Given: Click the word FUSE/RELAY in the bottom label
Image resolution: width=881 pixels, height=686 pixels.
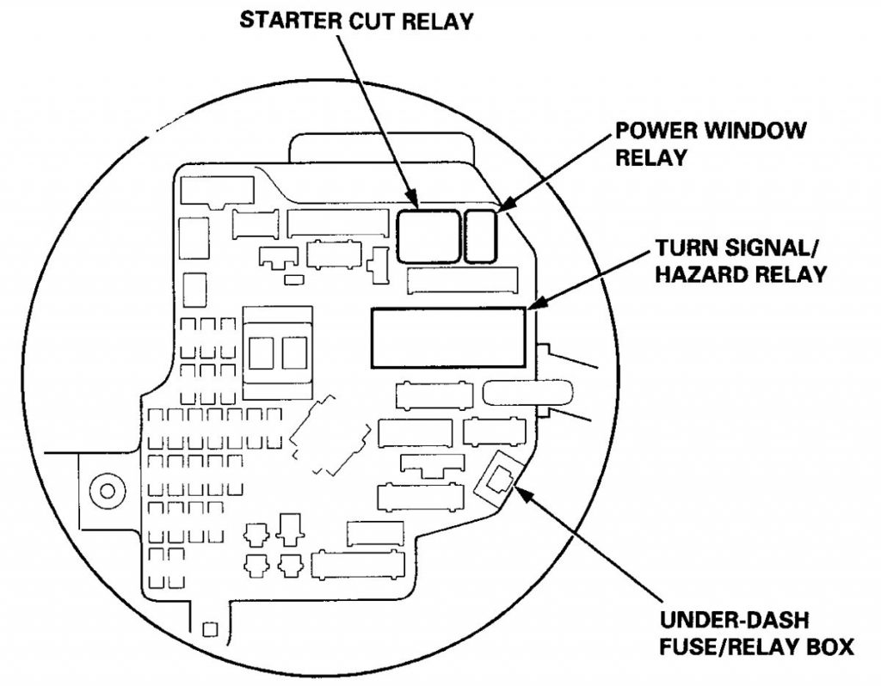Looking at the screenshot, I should coord(726,647).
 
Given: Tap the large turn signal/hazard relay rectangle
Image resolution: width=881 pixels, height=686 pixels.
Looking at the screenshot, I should coord(447,336).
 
